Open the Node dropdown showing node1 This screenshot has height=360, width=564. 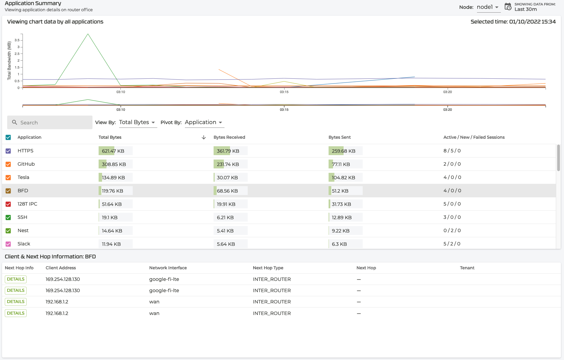[488, 7]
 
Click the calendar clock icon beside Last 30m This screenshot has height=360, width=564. [508, 7]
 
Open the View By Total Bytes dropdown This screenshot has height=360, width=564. [138, 122]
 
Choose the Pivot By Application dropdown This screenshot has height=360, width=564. [204, 122]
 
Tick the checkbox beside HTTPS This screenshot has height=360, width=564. [8, 151]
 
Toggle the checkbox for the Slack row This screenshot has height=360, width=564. [8, 244]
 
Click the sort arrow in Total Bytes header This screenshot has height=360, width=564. [204, 137]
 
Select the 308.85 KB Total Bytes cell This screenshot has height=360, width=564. [114, 164]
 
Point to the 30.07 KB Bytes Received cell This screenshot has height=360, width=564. [227, 178]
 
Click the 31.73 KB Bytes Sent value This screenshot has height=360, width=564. [341, 204]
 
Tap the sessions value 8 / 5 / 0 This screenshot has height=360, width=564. [452, 151]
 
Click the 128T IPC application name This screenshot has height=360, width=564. [27, 204]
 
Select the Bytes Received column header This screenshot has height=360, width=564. [229, 137]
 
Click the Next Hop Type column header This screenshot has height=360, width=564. [268, 268]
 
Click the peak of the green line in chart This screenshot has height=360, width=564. [88, 34]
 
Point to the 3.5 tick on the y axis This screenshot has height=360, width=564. [17, 40]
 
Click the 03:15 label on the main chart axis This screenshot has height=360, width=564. [284, 92]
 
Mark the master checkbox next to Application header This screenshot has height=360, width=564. [8, 137]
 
